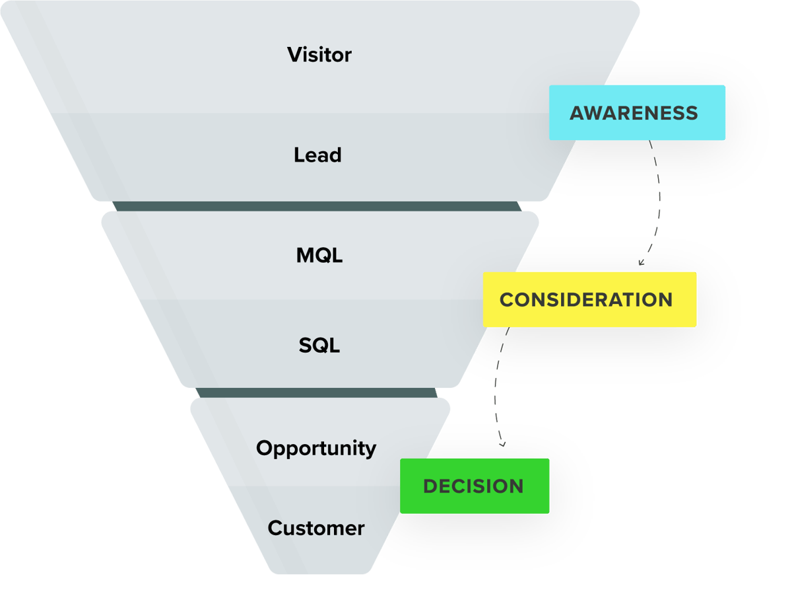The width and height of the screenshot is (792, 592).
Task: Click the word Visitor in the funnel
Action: tap(319, 54)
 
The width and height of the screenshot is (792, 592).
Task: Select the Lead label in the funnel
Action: tap(317, 155)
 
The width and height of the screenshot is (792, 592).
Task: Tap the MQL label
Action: tap(319, 255)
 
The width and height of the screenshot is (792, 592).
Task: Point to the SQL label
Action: tap(319, 345)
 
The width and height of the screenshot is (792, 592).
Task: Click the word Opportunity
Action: tap(316, 448)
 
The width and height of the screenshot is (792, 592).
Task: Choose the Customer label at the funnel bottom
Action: tap(316, 528)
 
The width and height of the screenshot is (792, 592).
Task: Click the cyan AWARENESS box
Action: tap(637, 112)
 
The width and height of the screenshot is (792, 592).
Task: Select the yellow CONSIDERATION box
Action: tap(589, 299)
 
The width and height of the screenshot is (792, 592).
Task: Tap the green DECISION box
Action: tap(475, 486)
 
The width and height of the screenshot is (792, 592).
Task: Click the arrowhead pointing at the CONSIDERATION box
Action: tap(640, 263)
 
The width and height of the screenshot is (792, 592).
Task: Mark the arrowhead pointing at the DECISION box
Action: tap(502, 444)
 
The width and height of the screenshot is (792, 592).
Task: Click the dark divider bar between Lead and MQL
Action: tap(317, 206)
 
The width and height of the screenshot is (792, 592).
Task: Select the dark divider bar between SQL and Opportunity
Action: tap(317, 393)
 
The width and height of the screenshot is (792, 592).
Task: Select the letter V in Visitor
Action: tap(294, 54)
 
